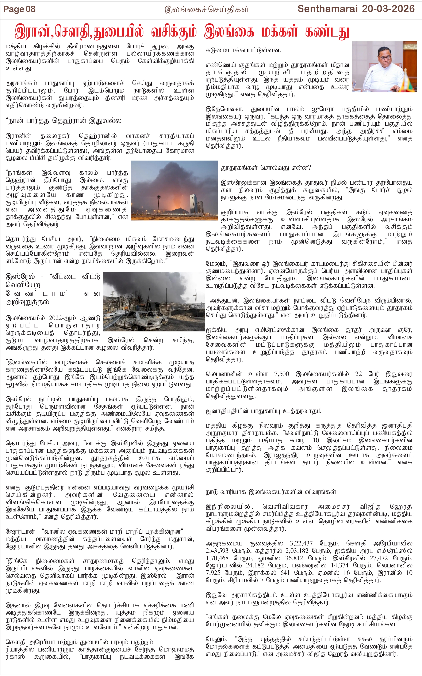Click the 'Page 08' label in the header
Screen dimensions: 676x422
20,9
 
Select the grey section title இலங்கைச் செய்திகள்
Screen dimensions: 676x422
207,10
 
